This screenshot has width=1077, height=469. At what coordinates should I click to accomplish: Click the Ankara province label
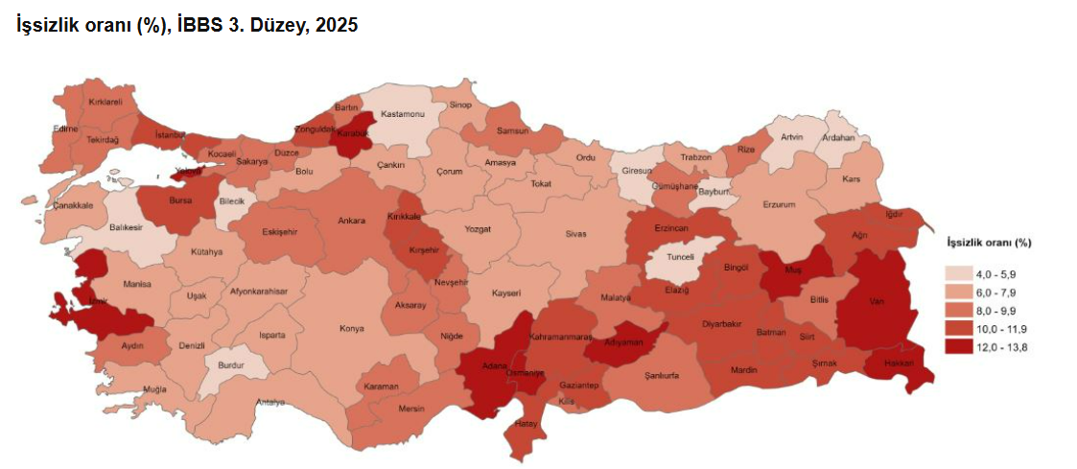(x=351, y=221)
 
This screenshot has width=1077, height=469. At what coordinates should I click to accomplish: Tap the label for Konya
(x=351, y=328)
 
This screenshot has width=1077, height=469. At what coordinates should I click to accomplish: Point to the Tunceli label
(x=680, y=257)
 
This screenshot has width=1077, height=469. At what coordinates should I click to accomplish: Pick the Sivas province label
(x=575, y=233)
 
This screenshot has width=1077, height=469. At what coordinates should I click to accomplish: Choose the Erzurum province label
(x=779, y=204)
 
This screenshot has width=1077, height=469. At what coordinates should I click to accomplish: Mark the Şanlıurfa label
(x=662, y=375)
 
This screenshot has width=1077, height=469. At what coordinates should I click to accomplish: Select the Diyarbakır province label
(x=721, y=324)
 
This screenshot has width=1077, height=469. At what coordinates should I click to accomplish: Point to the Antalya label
(x=270, y=402)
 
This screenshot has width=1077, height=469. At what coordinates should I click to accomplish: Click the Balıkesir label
(x=126, y=227)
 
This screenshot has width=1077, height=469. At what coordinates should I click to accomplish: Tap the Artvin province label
(x=791, y=137)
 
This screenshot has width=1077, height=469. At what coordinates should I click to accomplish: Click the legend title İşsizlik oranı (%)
(x=988, y=242)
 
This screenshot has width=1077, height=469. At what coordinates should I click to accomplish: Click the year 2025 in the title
(x=337, y=26)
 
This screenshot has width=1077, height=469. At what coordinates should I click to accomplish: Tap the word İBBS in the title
(x=200, y=26)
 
